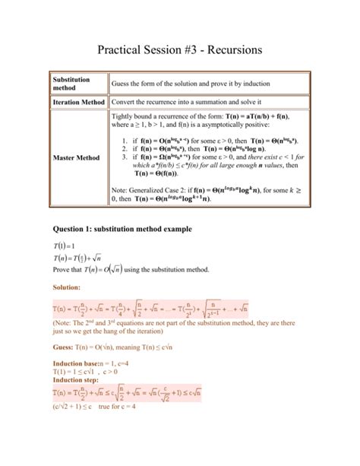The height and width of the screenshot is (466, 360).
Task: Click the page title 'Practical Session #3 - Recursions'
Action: pyautogui.click(x=180, y=49)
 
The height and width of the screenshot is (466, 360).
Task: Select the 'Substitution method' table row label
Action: pyautogui.click(x=72, y=84)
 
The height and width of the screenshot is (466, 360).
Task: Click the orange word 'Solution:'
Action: pyautogui.click(x=65, y=287)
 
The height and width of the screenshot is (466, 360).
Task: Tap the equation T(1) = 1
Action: pyautogui.click(x=63, y=249)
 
